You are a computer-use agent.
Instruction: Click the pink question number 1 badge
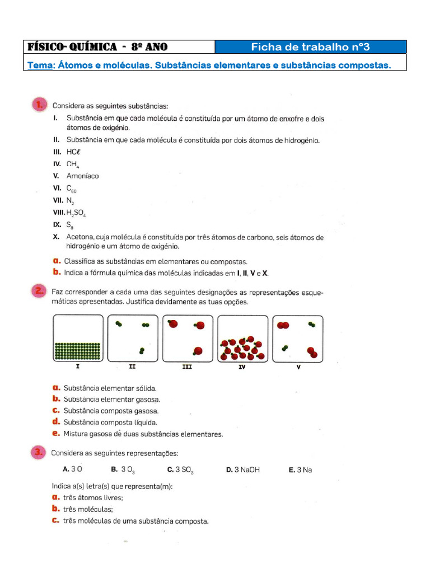[x=39, y=105]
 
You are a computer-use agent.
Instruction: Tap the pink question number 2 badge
[x=39, y=291]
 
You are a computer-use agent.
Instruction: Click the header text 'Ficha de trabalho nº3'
[x=311, y=47]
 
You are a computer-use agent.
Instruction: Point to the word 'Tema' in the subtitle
[x=41, y=65]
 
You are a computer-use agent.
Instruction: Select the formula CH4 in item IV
[x=73, y=165]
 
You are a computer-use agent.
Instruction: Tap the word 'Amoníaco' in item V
[x=82, y=176]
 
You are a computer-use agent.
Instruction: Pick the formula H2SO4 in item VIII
[x=76, y=213]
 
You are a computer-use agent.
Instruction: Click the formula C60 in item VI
[x=72, y=189]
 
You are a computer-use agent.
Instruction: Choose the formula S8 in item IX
[x=70, y=226]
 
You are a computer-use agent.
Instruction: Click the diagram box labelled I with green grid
[x=78, y=339]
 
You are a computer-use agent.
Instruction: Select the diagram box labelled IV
[x=242, y=339]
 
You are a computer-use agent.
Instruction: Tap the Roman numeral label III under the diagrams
[x=187, y=367]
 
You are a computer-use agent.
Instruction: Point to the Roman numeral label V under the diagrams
[x=298, y=367]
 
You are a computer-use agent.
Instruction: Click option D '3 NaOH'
[x=243, y=470]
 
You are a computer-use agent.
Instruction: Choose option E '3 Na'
[x=300, y=470]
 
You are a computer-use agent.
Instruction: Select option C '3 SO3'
[x=180, y=470]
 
